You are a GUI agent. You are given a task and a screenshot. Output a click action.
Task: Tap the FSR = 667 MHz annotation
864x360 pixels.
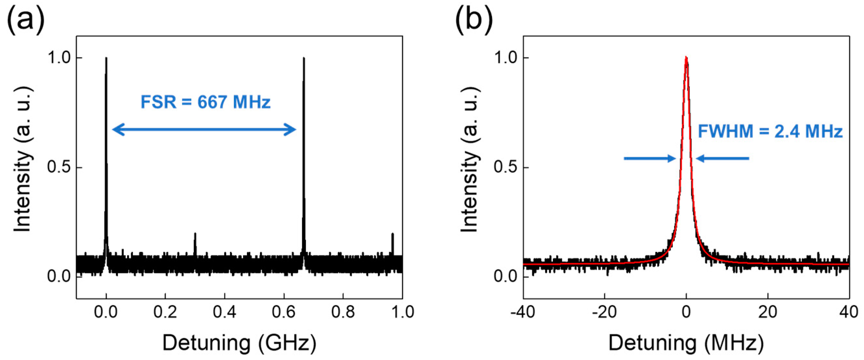(x=205, y=102)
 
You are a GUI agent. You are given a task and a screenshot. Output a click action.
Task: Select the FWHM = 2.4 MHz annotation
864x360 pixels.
(x=770, y=131)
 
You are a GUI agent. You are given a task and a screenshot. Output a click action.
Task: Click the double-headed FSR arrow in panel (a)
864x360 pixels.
(x=204, y=129)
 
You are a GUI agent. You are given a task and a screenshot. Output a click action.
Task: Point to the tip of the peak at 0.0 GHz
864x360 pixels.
(x=106, y=58)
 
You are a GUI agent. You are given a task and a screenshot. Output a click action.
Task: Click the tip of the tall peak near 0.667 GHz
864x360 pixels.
(x=304, y=58)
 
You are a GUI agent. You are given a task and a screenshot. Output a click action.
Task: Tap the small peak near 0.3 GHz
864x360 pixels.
(x=195, y=234)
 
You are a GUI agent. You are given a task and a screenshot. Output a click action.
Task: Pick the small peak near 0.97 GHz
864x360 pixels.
(x=392, y=234)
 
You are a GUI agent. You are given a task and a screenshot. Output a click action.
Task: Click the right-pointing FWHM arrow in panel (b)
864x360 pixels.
(x=649, y=158)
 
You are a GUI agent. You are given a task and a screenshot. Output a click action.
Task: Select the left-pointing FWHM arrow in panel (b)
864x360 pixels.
(x=722, y=158)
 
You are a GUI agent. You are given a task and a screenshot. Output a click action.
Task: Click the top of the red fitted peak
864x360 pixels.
(x=686, y=58)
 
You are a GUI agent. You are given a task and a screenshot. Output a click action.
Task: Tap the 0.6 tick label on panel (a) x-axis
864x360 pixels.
(x=284, y=312)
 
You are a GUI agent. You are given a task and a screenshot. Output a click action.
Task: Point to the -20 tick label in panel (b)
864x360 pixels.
(x=604, y=312)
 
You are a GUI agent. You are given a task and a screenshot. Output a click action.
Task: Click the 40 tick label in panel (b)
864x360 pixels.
(x=849, y=312)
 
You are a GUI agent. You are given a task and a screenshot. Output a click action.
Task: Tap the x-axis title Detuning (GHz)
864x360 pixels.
(x=239, y=343)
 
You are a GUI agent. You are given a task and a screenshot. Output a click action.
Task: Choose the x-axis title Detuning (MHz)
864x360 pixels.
(x=686, y=343)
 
